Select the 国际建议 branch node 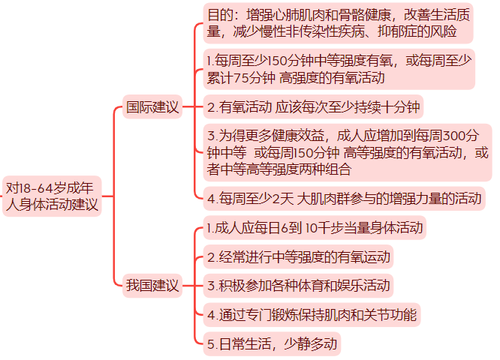tap(152, 107)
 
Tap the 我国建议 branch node tap(152, 285)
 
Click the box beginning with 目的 tap(339, 23)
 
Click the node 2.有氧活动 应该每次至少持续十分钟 tap(313, 107)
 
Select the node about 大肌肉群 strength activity tap(344, 199)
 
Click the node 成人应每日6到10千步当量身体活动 tap(315, 227)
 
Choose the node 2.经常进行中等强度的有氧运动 tap(299, 257)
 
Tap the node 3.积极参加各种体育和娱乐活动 tap(299, 286)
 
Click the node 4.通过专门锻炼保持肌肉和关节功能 tap(312, 314)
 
